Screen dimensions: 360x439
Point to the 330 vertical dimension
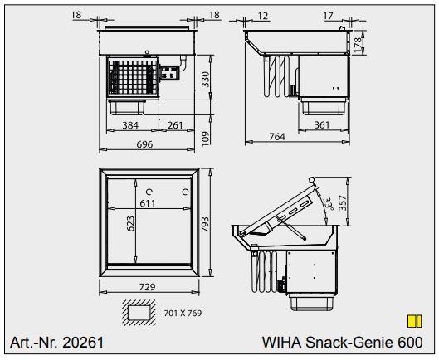coord(205,81)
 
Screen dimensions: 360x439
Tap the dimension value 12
coord(264,14)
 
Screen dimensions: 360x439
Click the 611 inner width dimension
coord(148,202)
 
